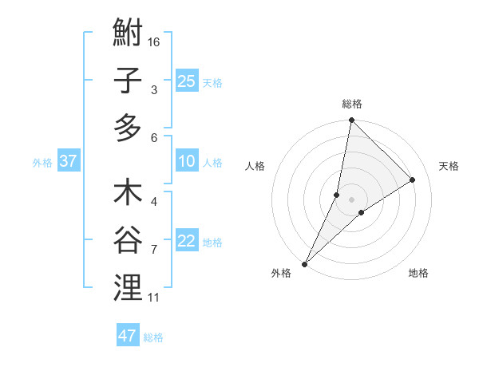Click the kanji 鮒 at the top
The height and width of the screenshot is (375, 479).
click(x=128, y=35)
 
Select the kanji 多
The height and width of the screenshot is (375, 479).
click(x=128, y=128)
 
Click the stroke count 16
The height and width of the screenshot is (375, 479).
click(x=155, y=41)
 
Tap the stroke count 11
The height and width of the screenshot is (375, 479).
click(x=154, y=298)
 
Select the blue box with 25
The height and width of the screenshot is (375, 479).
click(x=187, y=81)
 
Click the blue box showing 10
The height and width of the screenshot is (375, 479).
click(x=187, y=161)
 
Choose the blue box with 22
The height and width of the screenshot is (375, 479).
click(x=187, y=242)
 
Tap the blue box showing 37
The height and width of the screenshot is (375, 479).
click(x=69, y=161)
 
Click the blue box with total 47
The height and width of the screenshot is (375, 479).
click(x=128, y=336)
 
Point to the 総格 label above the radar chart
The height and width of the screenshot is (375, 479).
click(x=351, y=104)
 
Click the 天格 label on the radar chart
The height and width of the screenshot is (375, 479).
click(x=449, y=166)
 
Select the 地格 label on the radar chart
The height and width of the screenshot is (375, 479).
click(x=418, y=273)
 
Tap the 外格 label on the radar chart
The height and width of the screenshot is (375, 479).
click(x=281, y=273)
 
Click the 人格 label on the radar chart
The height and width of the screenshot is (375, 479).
click(x=255, y=166)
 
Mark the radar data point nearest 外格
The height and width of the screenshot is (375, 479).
click(x=304, y=263)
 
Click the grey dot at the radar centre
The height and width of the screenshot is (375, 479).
click(x=351, y=199)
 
